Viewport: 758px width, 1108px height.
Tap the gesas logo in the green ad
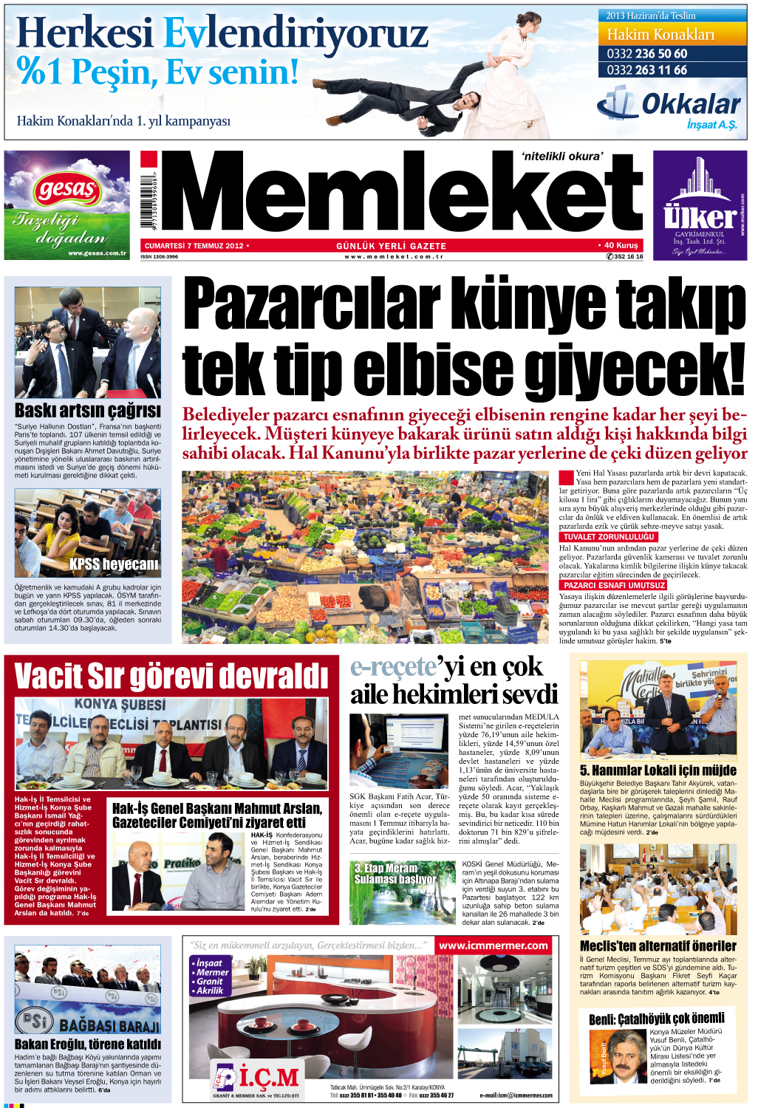click(x=66, y=191)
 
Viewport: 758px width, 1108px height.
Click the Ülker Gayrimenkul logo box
click(x=699, y=205)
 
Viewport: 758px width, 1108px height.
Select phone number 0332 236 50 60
click(x=647, y=54)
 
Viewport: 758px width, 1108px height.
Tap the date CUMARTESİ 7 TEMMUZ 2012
click(x=194, y=246)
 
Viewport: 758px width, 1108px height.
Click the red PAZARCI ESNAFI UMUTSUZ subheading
click(x=614, y=585)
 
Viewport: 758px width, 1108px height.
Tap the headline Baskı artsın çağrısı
click(x=87, y=411)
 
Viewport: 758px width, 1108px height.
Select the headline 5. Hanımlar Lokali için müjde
click(x=658, y=770)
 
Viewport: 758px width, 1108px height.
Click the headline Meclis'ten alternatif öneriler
click(x=658, y=946)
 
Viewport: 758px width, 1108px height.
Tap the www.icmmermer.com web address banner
click(x=494, y=945)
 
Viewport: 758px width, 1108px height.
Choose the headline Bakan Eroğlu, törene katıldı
click(x=87, y=1044)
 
